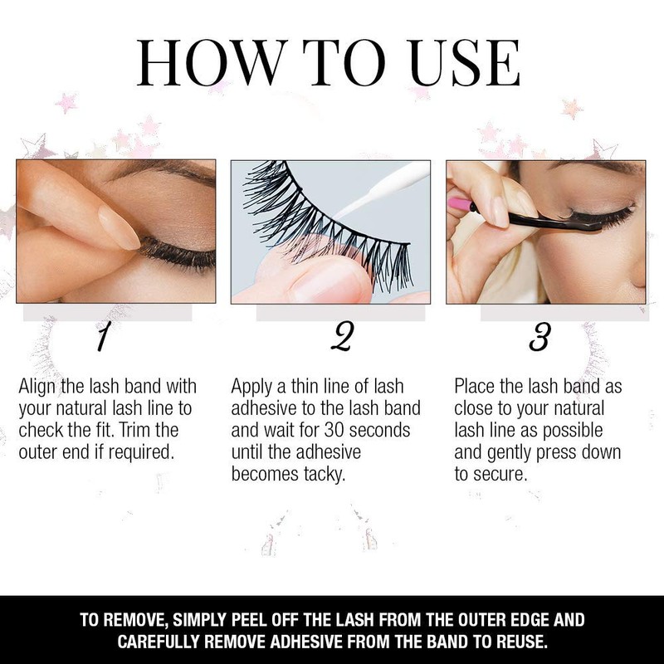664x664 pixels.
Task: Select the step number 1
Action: pyautogui.click(x=103, y=339)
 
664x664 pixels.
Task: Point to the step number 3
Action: pyautogui.click(x=539, y=339)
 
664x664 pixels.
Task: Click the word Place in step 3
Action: pyautogui.click(x=476, y=388)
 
